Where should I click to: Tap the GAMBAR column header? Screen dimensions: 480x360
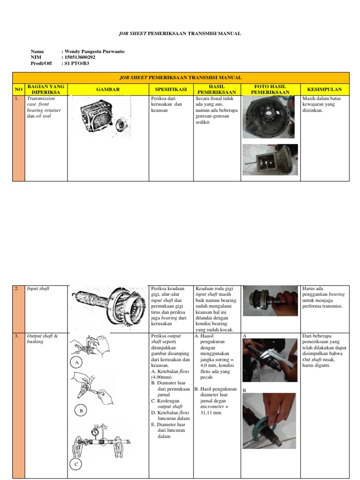click(108, 89)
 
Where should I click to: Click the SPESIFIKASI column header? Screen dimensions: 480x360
click(171, 89)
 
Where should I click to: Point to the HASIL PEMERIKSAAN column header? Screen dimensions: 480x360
click(217, 89)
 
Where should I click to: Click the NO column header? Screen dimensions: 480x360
click(18, 89)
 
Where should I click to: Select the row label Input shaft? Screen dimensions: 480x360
click(38, 289)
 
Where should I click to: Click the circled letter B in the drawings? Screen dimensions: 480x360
click(81, 411)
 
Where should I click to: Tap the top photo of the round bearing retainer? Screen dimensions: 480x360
click(268, 117)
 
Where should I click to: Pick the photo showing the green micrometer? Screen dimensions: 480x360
click(269, 420)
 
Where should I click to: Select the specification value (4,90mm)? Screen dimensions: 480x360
click(163, 377)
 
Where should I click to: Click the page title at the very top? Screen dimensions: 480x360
click(180, 34)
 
